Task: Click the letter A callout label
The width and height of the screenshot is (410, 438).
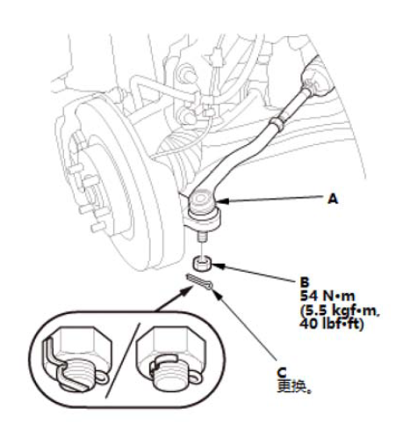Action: [333, 200]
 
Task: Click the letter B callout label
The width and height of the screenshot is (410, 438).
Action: [305, 282]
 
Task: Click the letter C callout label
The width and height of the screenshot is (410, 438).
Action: [282, 373]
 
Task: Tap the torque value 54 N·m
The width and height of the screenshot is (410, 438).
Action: [327, 296]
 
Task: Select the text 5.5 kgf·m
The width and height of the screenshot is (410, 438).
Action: [340, 311]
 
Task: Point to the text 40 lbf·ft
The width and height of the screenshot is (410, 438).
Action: [331, 325]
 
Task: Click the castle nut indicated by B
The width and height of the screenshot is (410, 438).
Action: [202, 263]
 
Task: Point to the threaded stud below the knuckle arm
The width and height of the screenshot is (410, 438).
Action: [201, 237]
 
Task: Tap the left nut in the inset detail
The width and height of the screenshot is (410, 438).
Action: [77, 358]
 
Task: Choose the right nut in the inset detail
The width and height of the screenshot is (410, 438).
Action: [169, 359]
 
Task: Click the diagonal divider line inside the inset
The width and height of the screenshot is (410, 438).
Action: [122, 361]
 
